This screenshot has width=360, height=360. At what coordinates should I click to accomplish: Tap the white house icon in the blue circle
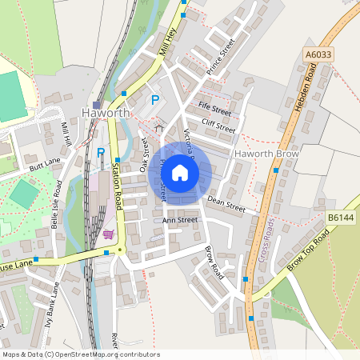pyautogui.click(x=180, y=172)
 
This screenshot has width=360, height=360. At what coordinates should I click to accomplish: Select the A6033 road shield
pyautogui.click(x=318, y=54)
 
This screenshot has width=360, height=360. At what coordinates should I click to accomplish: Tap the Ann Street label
pyautogui.click(x=180, y=219)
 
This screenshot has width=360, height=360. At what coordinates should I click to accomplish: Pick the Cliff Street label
pyautogui.click(x=218, y=125)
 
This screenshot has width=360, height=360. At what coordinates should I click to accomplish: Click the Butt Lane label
pyautogui.click(x=45, y=166)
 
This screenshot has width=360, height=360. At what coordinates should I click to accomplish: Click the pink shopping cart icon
pyautogui.click(x=108, y=234)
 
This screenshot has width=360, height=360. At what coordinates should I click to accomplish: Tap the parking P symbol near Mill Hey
pyautogui.click(x=155, y=101)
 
